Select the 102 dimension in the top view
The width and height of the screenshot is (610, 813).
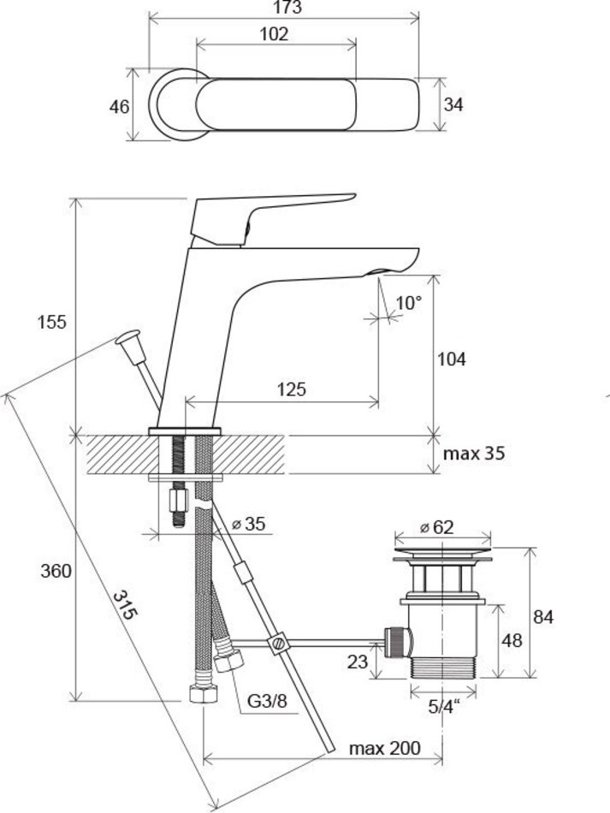(275, 34)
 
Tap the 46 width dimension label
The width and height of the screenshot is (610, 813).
(120, 107)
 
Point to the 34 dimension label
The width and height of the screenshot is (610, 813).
(454, 104)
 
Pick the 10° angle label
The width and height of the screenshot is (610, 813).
(409, 303)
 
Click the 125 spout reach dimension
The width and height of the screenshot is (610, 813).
(292, 389)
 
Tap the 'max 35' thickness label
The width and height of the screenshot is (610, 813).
(473, 453)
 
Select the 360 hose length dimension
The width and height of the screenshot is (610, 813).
(54, 572)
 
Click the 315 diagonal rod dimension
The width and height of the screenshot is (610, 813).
(125, 608)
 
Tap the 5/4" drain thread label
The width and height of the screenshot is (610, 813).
(443, 706)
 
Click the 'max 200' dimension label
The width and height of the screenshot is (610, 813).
(384, 748)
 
